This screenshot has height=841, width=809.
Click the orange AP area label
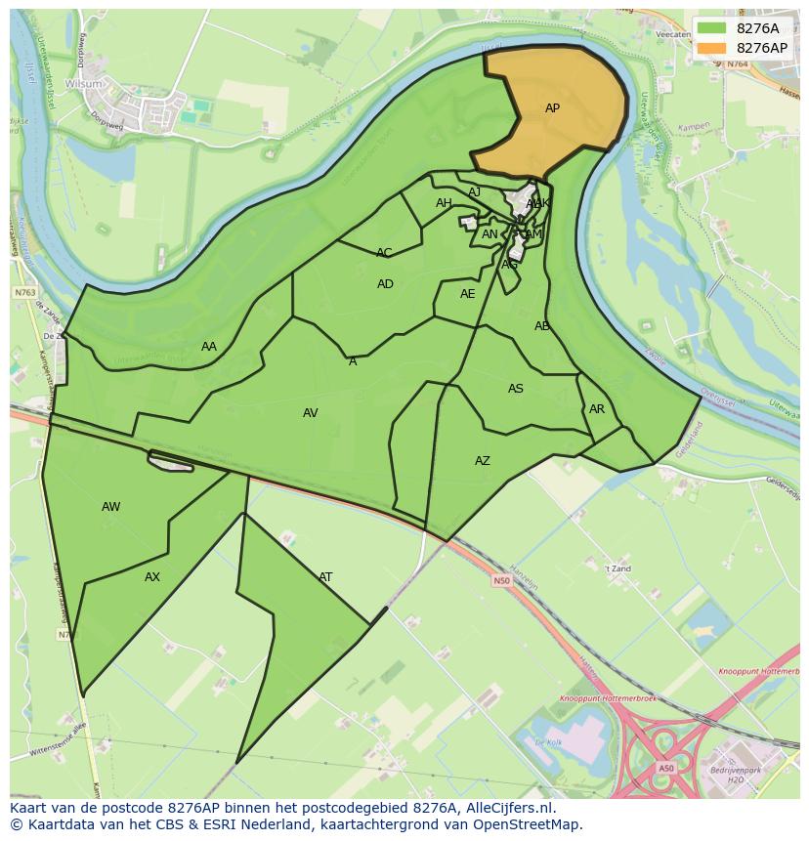pyautogui.click(x=552, y=108)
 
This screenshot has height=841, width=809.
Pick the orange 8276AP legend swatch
pyautogui.click(x=712, y=48)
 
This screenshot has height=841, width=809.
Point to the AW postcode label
pyautogui.click(x=111, y=507)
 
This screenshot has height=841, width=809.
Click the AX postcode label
pyautogui.click(x=152, y=577)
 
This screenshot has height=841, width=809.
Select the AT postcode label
pyautogui.click(x=325, y=577)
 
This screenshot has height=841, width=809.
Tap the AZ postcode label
pyautogui.click(x=483, y=461)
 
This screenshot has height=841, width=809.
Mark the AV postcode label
pyautogui.click(x=311, y=413)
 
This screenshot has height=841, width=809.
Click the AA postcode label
pyautogui.click(x=209, y=347)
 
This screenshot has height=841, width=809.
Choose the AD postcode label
pyautogui.click(x=385, y=284)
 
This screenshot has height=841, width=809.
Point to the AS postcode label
pyautogui.click(x=516, y=389)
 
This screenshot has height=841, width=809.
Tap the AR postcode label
pyautogui.click(x=597, y=409)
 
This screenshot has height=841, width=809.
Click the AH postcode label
pyautogui.click(x=444, y=203)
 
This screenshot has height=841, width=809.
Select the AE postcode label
pyautogui.click(x=468, y=294)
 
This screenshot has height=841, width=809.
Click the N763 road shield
pyautogui.click(x=24, y=292)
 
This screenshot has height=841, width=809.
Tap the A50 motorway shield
pyautogui.click(x=665, y=768)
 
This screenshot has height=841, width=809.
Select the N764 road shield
pyautogui.click(x=737, y=63)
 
